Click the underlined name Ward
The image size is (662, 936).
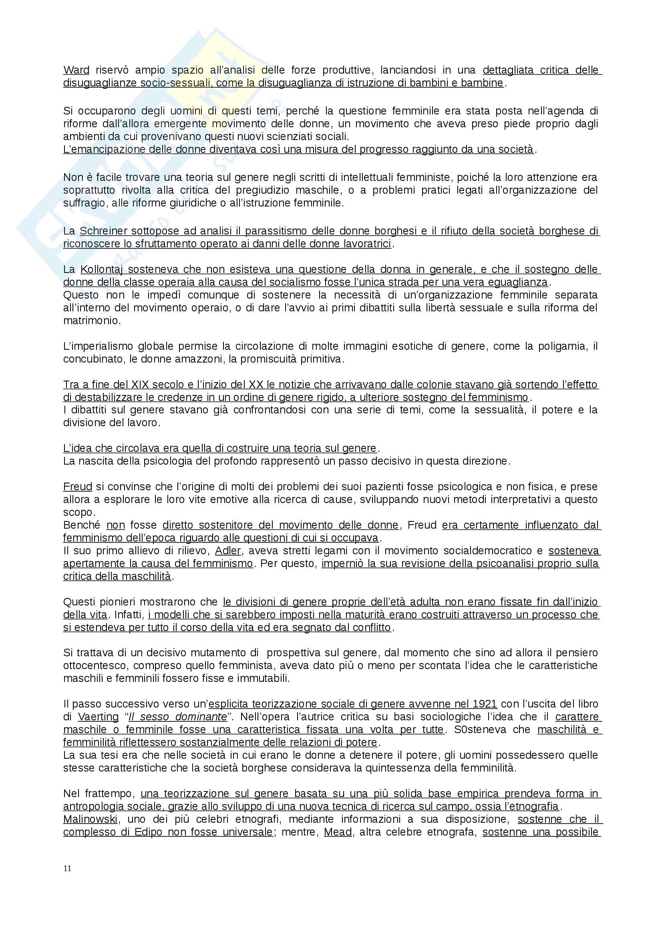[76, 70]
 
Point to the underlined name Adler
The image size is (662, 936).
[228, 551]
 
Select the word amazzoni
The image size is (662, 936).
[207, 359]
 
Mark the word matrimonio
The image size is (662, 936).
[92, 321]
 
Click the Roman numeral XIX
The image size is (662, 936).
[141, 385]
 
